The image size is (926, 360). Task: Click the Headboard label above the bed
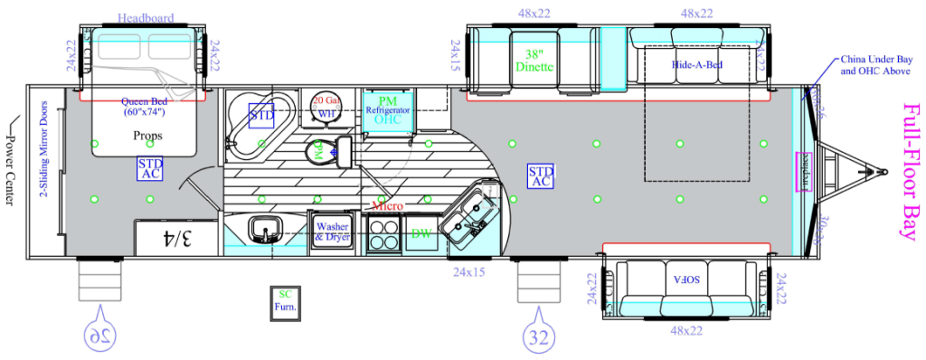pos(145,18)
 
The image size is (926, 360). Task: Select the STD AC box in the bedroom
pos(150,168)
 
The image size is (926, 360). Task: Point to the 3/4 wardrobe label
pos(176,239)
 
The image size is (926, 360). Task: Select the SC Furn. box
pos(285,300)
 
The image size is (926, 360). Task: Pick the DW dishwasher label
pos(420,233)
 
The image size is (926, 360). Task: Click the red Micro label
pos(387,207)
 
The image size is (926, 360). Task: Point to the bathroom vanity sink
pos(265,230)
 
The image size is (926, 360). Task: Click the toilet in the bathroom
pos(320,150)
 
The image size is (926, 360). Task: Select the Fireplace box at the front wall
pos(801,172)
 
